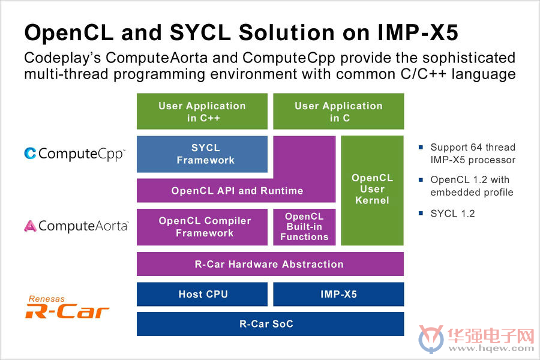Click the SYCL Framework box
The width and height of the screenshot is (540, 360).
point(202,154)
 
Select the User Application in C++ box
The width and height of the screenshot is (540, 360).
point(202,111)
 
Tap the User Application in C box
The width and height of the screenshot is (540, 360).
point(338,111)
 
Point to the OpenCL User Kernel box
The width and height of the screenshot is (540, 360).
point(372,191)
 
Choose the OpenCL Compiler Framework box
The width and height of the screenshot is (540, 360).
point(202,227)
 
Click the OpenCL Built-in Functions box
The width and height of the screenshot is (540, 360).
point(304,227)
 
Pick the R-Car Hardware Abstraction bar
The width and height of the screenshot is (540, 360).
point(271,264)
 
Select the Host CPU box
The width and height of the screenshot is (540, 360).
point(202,294)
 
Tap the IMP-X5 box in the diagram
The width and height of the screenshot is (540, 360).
point(338,294)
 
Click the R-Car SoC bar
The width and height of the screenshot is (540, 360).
point(271,324)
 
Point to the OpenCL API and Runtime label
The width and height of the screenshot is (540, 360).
point(237,191)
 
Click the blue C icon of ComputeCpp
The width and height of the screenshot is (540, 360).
point(31,154)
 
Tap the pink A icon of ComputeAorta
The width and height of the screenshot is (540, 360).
point(31,226)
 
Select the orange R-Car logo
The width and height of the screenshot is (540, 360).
point(67,311)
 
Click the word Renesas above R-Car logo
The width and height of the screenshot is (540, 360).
point(46,299)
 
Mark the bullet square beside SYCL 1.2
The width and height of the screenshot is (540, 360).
point(421,213)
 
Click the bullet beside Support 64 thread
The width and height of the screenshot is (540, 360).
point(421,147)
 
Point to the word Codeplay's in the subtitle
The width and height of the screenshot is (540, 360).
point(62,58)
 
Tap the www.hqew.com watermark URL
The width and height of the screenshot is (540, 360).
point(491,348)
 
